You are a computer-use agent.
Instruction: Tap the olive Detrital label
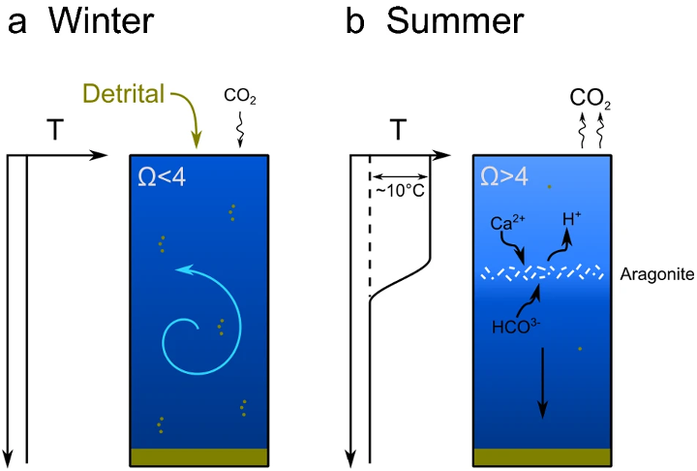(125, 95)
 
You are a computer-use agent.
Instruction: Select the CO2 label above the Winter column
(240, 96)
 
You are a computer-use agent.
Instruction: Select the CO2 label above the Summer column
(591, 97)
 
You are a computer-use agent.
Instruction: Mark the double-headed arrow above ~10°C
(400, 175)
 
